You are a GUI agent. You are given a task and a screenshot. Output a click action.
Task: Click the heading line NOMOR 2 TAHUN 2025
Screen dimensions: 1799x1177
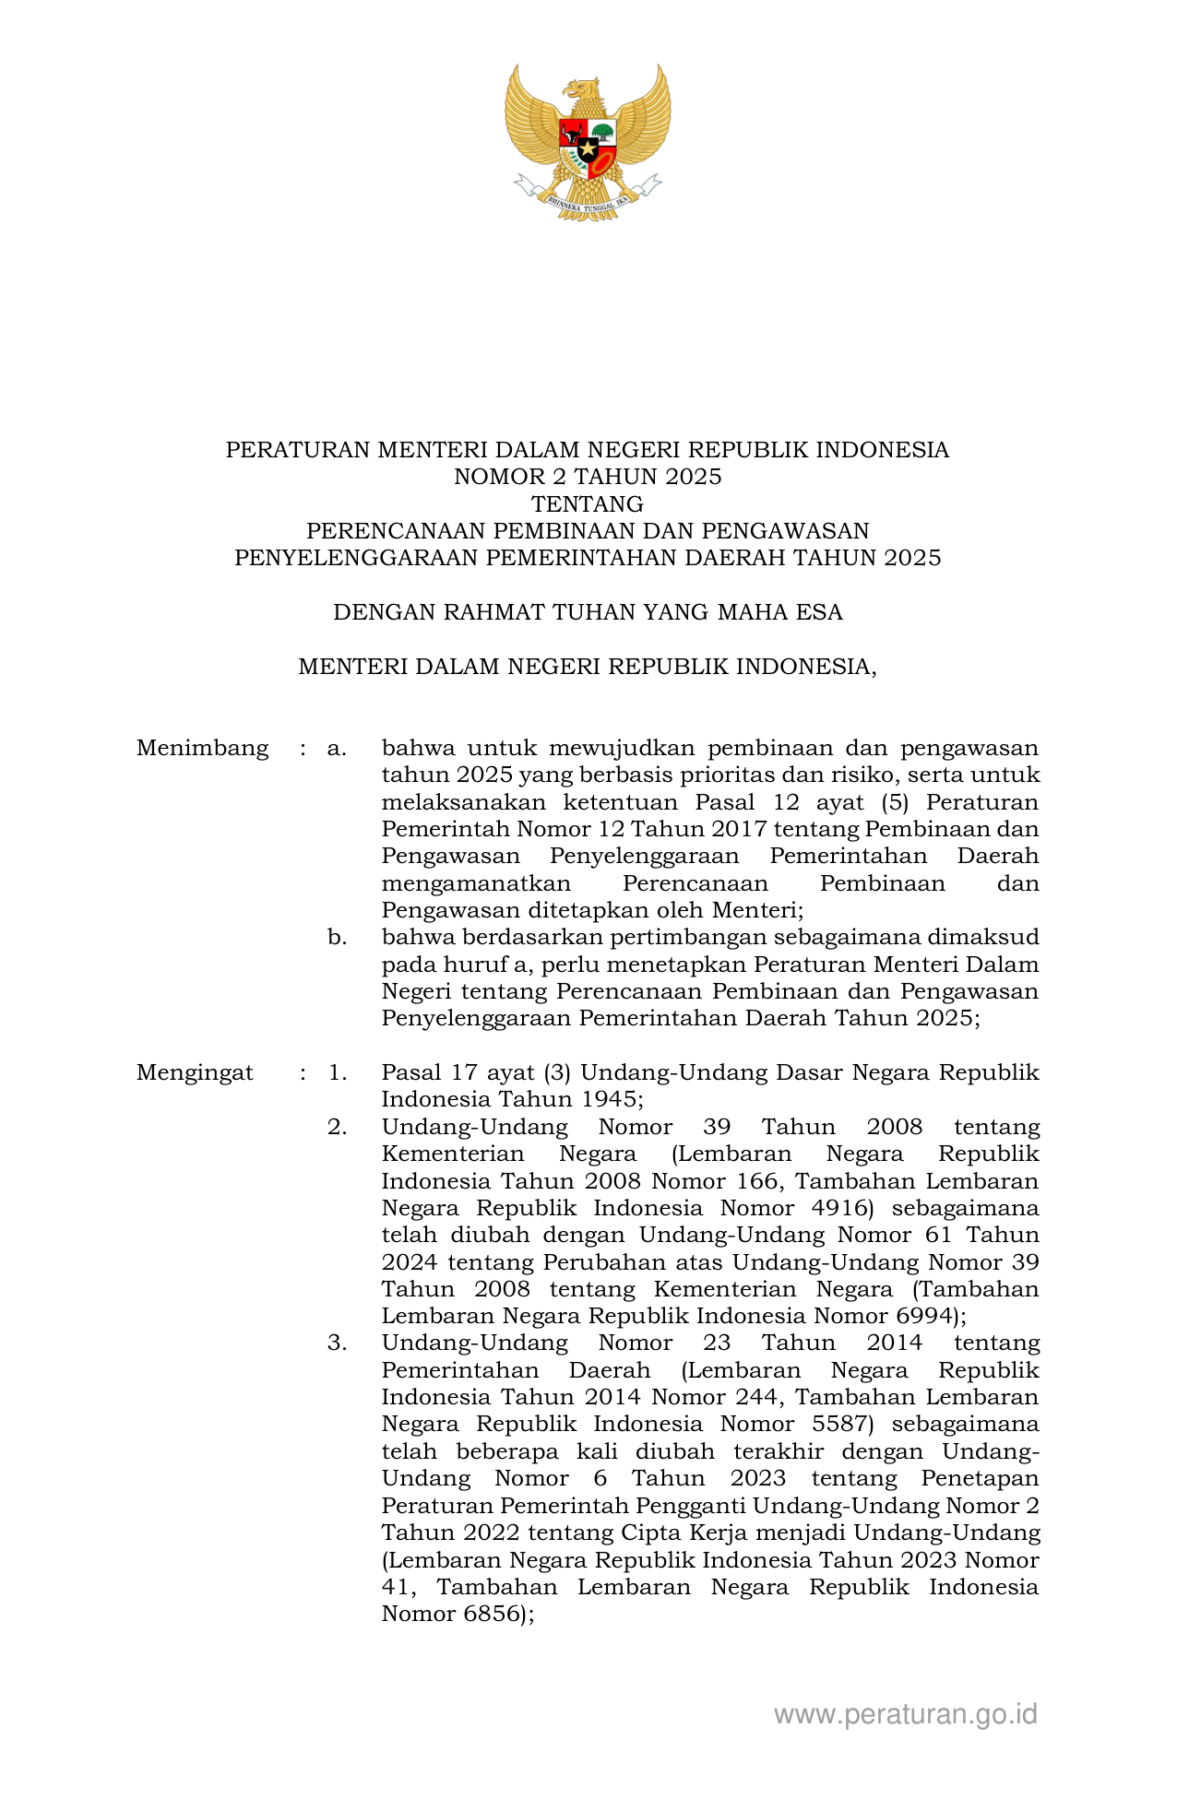pyautogui.click(x=588, y=477)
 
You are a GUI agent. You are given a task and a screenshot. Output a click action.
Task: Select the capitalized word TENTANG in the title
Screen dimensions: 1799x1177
pyautogui.click(x=588, y=503)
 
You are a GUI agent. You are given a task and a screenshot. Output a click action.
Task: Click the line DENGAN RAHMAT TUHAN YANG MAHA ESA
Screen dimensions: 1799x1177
pyautogui.click(x=588, y=612)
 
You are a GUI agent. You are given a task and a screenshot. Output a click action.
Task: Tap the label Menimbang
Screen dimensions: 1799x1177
pyautogui.click(x=202, y=748)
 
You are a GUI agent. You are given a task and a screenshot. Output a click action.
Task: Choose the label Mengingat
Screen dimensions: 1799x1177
pyautogui.click(x=195, y=1072)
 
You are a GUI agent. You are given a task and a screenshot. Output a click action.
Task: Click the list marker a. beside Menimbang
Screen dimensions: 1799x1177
pyautogui.click(x=337, y=748)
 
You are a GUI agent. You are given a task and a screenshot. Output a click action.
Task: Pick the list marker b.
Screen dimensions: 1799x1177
pyautogui.click(x=337, y=938)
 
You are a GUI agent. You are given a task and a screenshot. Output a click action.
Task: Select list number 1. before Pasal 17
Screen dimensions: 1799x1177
pyautogui.click(x=337, y=1072)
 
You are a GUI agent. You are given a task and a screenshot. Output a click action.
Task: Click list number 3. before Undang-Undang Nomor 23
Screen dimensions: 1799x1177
pyautogui.click(x=337, y=1343)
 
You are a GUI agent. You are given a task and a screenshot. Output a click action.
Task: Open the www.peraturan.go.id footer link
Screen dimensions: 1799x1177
pyautogui.click(x=906, y=1714)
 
